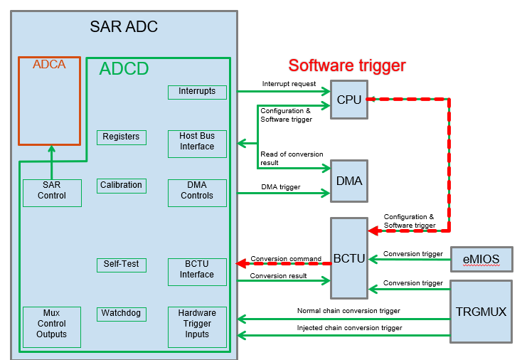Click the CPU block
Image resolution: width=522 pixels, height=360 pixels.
point(349,100)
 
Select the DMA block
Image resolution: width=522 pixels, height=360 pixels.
point(349,181)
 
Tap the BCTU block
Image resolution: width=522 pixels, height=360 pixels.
point(349,258)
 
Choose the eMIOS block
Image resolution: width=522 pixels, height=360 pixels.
point(481,259)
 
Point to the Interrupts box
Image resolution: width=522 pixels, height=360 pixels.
point(197,92)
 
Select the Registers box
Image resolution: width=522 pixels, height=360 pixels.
point(121,137)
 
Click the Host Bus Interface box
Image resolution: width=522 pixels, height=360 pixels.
point(197,142)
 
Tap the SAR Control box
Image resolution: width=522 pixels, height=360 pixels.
point(52,191)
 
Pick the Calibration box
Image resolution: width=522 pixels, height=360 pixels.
point(121,186)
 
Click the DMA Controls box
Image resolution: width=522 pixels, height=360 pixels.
point(197,191)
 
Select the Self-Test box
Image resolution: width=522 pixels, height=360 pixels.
point(121,265)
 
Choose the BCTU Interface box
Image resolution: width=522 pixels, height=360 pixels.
point(197,270)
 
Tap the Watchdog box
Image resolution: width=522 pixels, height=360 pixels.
point(121,313)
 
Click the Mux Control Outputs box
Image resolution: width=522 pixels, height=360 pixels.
point(52,324)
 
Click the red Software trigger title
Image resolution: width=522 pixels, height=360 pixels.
point(346,66)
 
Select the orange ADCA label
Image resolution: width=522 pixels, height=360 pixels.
point(49,65)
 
